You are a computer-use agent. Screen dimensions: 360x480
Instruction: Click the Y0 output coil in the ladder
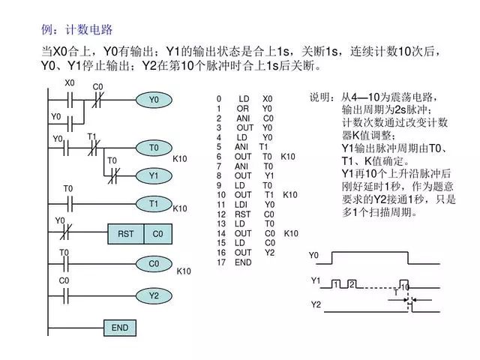tap(154, 100)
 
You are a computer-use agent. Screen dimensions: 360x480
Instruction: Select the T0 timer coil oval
tap(154, 148)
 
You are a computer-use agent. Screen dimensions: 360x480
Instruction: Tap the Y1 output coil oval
tap(154, 175)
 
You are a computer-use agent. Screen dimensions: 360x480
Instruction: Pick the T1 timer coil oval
tap(154, 203)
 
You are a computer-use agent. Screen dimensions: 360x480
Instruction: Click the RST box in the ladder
tap(125, 234)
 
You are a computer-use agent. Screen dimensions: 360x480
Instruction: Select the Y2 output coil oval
tap(154, 295)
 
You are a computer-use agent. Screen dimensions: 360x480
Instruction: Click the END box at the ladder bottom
tap(120, 328)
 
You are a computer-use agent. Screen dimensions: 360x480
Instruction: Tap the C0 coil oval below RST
tap(154, 264)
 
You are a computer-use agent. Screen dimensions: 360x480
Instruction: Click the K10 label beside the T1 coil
tap(180, 208)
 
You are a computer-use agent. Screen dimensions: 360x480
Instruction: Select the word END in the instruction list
tap(243, 263)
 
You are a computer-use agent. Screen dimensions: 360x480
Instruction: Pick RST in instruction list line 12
tap(243, 214)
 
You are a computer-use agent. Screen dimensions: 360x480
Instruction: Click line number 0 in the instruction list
tap(219, 99)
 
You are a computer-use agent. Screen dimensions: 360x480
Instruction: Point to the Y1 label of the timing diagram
tap(316, 280)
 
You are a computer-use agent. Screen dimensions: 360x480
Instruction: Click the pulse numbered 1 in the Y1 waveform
tap(337, 283)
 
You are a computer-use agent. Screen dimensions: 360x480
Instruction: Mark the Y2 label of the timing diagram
tap(316, 305)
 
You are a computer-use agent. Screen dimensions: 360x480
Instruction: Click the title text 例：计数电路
tap(77, 30)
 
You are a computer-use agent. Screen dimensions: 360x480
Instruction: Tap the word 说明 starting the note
tap(321, 98)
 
